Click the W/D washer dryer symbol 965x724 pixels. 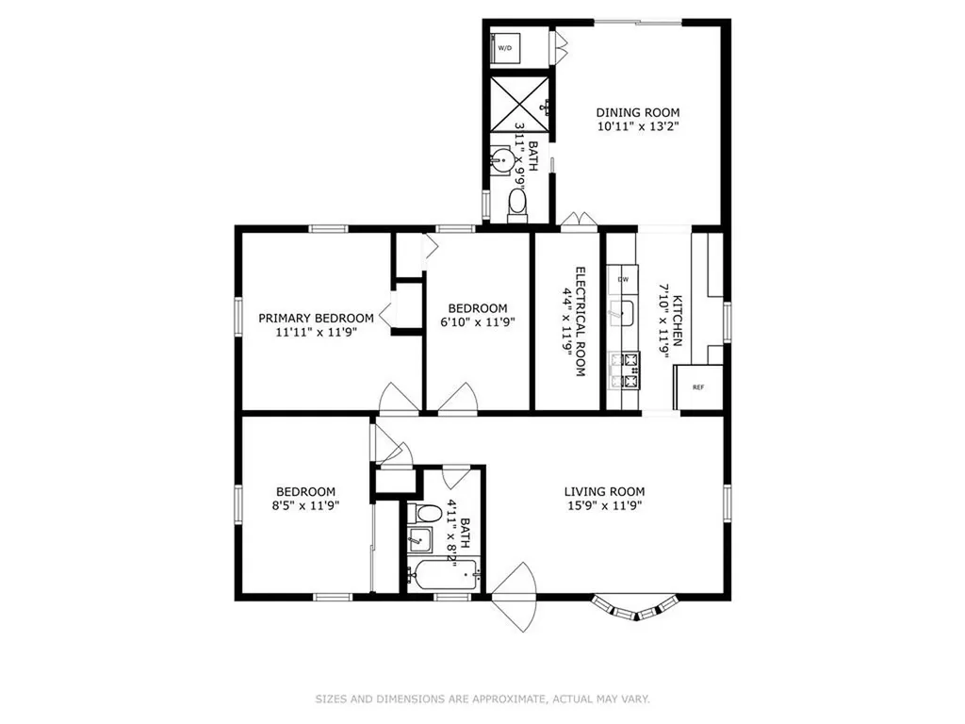coord(504,47)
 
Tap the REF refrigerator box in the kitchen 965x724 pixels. coord(698,387)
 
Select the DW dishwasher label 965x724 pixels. coord(623,279)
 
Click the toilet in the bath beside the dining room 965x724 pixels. coord(517,206)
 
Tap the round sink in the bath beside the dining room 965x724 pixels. coord(503,160)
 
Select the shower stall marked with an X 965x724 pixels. coord(519,104)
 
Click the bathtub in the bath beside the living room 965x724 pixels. coord(444,574)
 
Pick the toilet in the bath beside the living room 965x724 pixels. coord(424,514)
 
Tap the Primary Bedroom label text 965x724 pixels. coord(316,319)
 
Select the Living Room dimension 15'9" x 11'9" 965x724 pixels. coord(604,505)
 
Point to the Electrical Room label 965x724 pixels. coord(580,321)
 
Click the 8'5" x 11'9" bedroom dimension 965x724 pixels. coord(305,505)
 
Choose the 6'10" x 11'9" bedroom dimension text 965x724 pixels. coord(478,321)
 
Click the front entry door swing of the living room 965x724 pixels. coord(515,597)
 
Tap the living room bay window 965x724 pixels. coord(637,607)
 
